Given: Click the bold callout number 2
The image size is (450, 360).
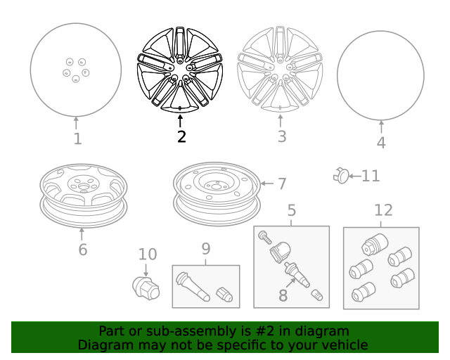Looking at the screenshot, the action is tap(181, 136).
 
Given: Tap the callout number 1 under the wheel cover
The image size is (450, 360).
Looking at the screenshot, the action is tap(78, 139).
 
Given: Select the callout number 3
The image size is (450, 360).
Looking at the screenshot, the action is tap(282, 136).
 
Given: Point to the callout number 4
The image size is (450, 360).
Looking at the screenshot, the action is tap(381, 143).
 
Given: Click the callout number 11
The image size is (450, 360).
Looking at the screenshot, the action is tap(371, 176).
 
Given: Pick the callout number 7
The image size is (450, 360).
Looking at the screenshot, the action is tap(282, 184).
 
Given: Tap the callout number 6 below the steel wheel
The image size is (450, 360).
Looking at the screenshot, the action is tap(83, 250).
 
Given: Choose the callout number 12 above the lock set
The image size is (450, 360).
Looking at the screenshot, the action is tap(383, 210).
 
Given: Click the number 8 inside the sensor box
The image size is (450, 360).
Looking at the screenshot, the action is tap(283, 295).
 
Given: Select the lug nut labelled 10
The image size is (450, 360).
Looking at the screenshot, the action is tap(146, 288).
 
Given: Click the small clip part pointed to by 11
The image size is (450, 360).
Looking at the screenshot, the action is tap(341, 175).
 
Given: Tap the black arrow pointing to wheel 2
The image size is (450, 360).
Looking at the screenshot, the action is tap(180, 121).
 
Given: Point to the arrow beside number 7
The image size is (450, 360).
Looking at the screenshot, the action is tap(267, 184).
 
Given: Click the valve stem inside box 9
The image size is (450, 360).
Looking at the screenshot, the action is tap(193, 286).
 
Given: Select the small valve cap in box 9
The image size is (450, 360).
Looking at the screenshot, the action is tap(224, 295).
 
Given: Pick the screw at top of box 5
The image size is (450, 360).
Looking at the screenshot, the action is tap(264, 237).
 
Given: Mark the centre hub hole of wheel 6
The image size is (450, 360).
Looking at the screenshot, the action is tap(84, 187).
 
